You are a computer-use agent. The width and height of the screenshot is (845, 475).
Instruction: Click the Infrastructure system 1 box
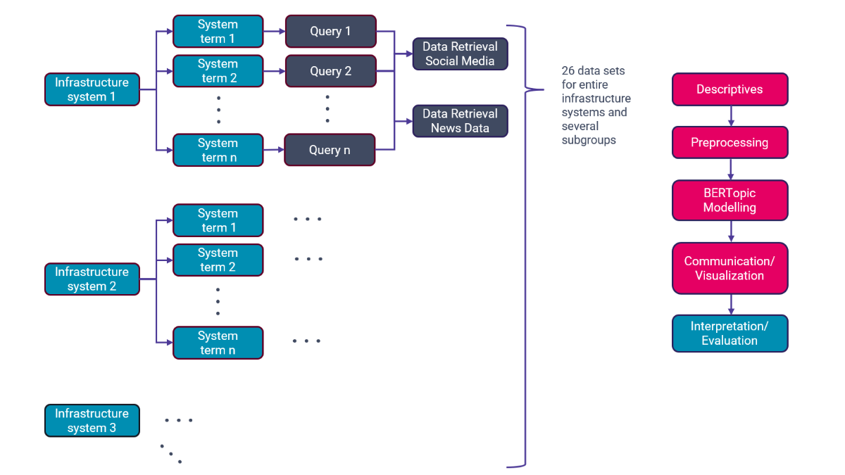click(x=92, y=89)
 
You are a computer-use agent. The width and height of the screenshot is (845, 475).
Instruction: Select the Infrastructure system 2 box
click(x=92, y=279)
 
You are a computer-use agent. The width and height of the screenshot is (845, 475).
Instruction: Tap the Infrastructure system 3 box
click(x=92, y=420)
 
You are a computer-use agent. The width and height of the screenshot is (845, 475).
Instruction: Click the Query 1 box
click(x=330, y=32)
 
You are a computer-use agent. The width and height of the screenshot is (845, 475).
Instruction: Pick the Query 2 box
click(x=330, y=71)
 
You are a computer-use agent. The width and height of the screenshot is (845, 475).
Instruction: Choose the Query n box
click(x=330, y=150)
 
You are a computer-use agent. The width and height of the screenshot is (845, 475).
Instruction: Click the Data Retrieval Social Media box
click(x=460, y=54)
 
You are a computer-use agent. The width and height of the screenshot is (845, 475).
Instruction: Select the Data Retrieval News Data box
click(x=460, y=121)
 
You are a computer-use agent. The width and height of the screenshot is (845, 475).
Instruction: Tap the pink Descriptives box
click(x=730, y=89)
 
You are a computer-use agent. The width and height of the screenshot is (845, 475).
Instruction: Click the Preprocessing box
click(x=730, y=143)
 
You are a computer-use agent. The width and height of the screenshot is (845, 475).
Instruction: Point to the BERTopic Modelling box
click(x=730, y=201)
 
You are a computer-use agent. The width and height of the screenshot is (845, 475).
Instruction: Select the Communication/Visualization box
click(x=730, y=268)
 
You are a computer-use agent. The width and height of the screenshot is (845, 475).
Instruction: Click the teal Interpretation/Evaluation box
click(x=730, y=334)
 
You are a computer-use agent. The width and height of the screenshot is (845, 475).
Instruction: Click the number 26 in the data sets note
click(x=568, y=71)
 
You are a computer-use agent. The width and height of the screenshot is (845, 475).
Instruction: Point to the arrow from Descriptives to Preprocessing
click(x=730, y=116)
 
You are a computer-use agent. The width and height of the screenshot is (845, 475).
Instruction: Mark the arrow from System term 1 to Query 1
click(x=274, y=32)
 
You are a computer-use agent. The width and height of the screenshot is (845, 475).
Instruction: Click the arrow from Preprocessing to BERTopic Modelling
click(x=730, y=170)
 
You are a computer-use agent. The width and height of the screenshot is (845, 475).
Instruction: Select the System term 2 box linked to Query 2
click(x=218, y=71)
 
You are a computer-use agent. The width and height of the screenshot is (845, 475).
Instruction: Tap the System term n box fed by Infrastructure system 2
click(x=218, y=343)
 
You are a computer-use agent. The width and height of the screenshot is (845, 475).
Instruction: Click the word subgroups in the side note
click(x=588, y=140)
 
